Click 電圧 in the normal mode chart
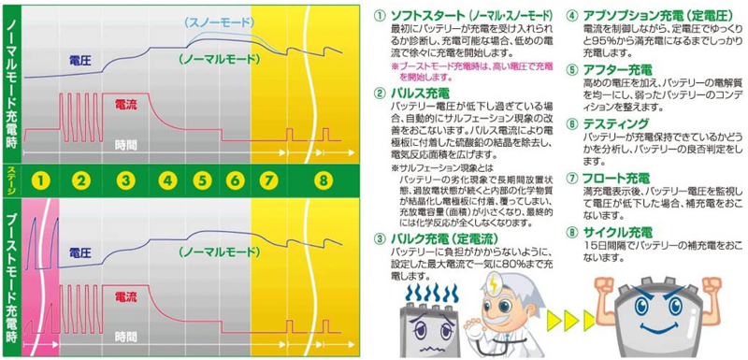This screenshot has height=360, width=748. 79,59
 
